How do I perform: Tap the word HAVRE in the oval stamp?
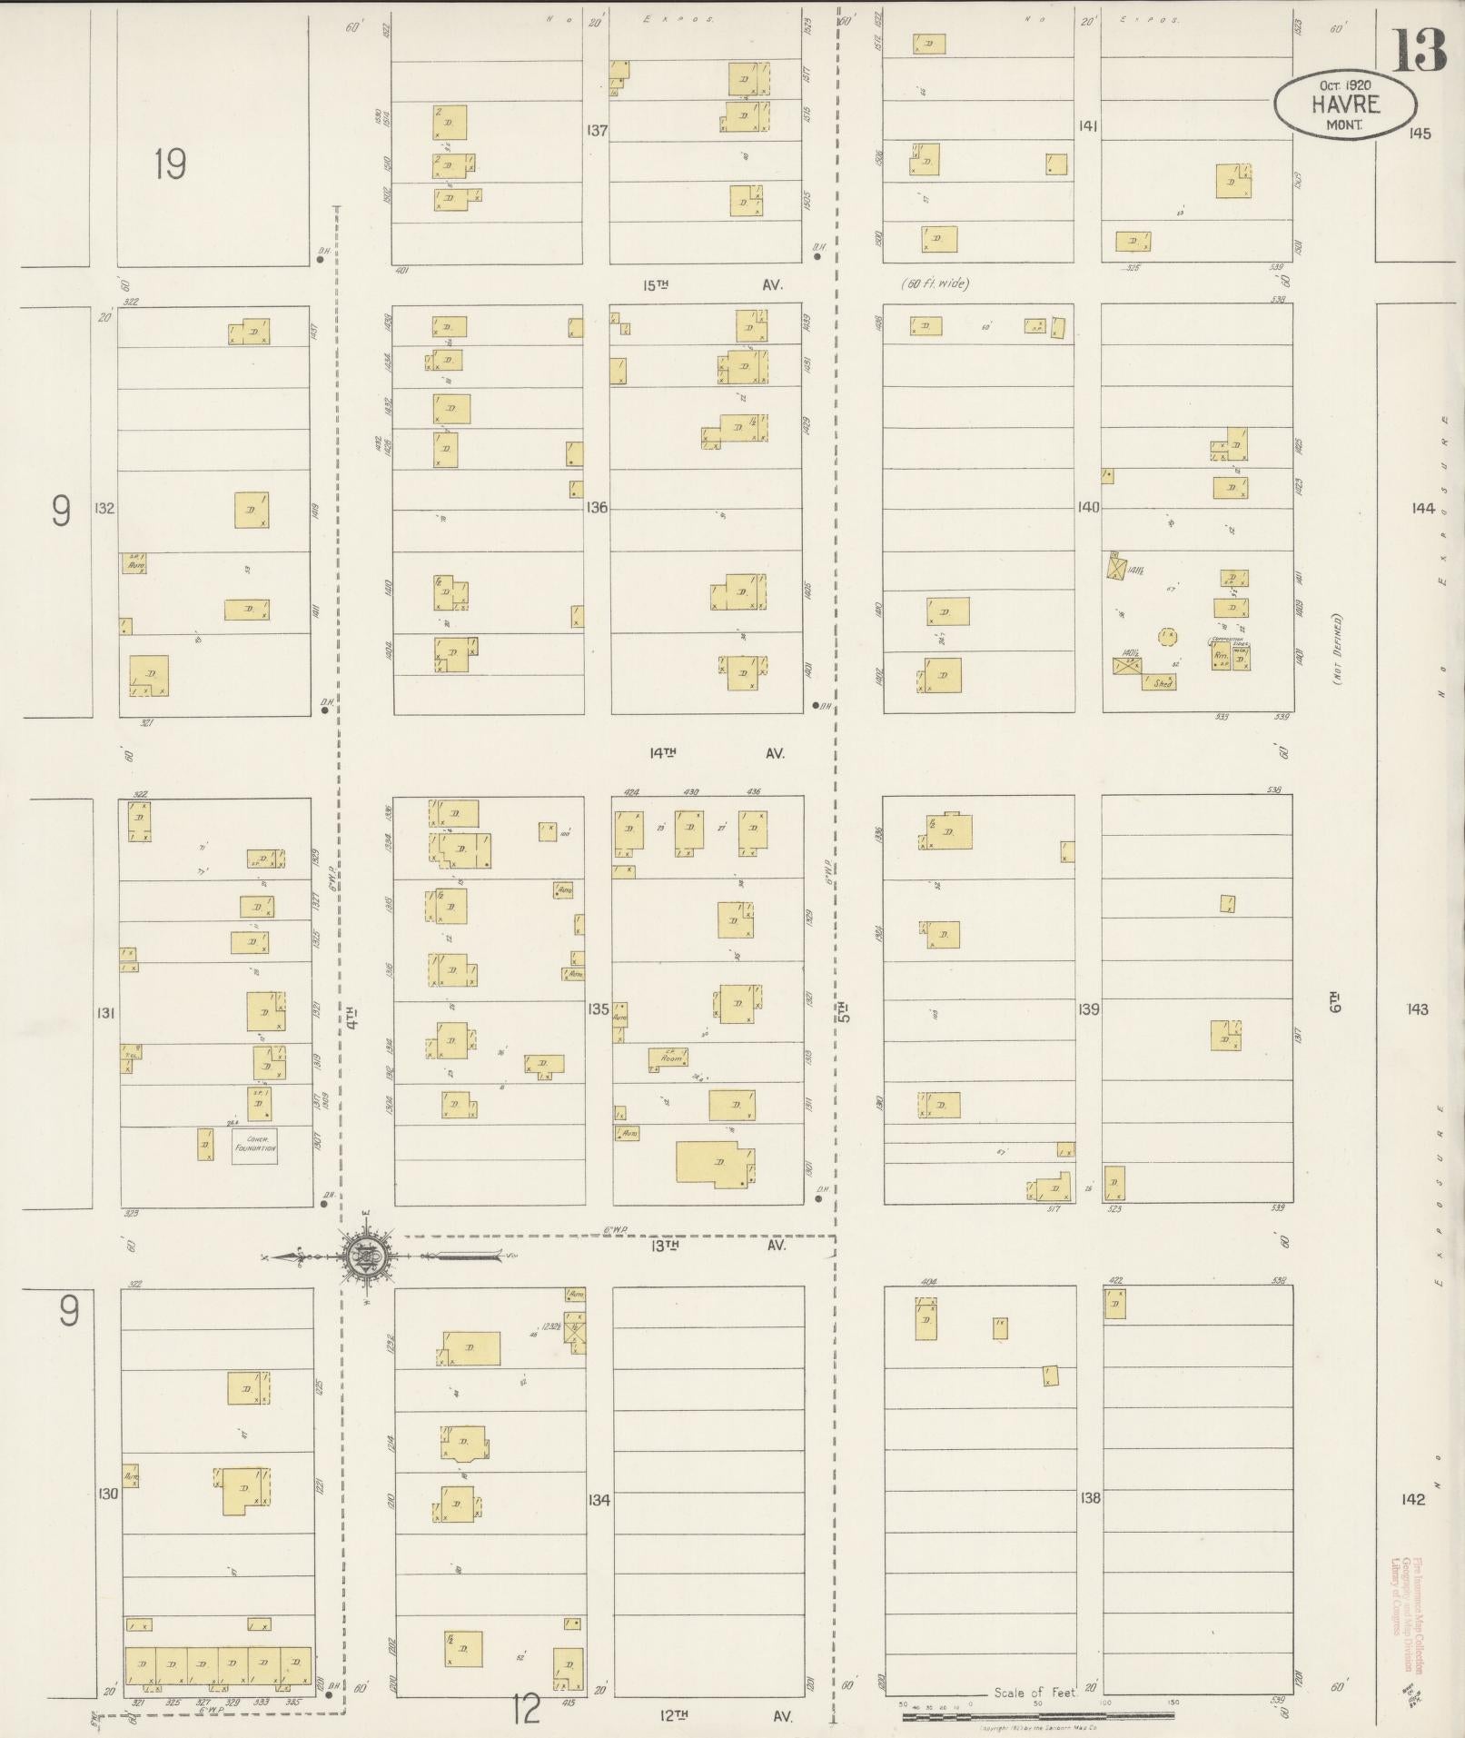point(1345,104)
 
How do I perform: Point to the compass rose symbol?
point(367,1256)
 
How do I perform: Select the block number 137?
point(597,130)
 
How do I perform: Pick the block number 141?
point(1088,126)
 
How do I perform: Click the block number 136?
point(597,508)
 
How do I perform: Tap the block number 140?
point(1088,507)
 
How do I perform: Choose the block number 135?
point(598,1008)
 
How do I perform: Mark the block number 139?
point(1089,1008)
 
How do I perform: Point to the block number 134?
point(599,1499)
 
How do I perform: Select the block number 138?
point(1090,1497)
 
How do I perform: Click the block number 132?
point(104,508)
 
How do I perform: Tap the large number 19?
point(170,164)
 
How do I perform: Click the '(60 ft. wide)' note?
point(935,283)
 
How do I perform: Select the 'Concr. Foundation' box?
point(254,1146)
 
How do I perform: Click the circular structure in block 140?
point(1166,635)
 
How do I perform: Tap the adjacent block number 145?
point(1420,134)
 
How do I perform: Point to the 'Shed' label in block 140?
point(1162,683)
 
